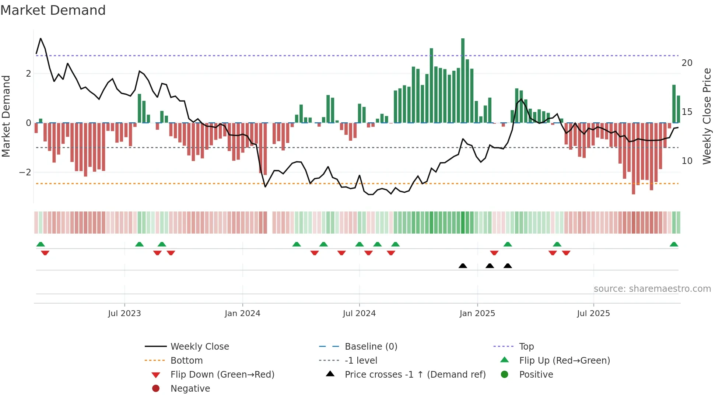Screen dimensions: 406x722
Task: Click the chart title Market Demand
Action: (x=53, y=10)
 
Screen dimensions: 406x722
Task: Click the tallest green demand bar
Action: (x=463, y=80)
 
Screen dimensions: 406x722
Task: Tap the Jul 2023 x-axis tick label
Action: (x=125, y=314)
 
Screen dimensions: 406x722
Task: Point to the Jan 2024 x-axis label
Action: (x=242, y=314)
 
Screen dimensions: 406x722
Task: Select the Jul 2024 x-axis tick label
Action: (x=359, y=314)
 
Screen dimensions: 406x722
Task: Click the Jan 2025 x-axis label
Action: (x=477, y=314)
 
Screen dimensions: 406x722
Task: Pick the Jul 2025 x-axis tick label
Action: (x=593, y=314)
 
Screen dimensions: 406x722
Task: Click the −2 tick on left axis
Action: (x=25, y=172)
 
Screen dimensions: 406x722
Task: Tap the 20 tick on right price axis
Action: (x=687, y=63)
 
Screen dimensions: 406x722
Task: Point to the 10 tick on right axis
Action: (x=687, y=161)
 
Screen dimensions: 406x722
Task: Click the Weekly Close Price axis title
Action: (x=707, y=116)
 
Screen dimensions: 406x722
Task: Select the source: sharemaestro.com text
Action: (x=652, y=289)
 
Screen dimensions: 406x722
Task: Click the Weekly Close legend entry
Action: (x=200, y=347)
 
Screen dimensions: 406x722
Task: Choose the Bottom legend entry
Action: (x=186, y=361)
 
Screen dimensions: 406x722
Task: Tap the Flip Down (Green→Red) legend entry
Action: (x=222, y=375)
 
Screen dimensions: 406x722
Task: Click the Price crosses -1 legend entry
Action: (x=415, y=375)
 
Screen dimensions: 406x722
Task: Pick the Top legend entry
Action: (x=526, y=347)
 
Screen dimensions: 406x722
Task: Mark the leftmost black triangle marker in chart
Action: (x=463, y=266)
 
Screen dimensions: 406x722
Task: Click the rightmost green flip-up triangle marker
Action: (x=674, y=244)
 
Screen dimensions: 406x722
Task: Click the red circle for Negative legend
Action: (x=156, y=389)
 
